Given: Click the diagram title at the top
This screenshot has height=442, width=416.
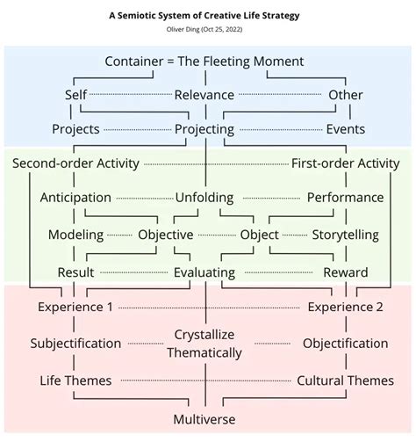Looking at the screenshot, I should tap(204, 15).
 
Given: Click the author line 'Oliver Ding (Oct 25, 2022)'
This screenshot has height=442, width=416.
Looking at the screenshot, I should tap(204, 31).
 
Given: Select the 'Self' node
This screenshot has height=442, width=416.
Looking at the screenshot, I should tap(75, 95).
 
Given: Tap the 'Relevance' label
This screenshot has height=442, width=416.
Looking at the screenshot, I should tap(204, 95).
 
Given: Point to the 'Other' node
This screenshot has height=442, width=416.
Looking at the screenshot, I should tap(345, 95).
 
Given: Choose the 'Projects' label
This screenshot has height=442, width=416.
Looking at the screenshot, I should tap(75, 129).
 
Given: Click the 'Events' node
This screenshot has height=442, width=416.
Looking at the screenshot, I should tap(345, 129).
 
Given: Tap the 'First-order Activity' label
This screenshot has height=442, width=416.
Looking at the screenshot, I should tap(345, 163).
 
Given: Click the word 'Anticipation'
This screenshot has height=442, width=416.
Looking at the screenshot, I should tap(75, 198).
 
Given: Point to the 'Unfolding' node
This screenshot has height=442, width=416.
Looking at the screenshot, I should tap(204, 198).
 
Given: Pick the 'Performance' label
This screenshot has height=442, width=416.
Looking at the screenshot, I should tap(345, 198).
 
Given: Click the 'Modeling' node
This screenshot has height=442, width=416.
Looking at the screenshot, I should tap(75, 235).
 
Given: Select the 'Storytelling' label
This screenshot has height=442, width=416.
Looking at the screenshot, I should tap(345, 235).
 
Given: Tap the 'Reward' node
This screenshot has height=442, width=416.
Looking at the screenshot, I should tap(345, 272).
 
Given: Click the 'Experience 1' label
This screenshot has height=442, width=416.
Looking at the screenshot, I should tap(75, 308).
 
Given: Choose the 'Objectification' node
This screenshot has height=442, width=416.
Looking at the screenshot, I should tap(345, 344).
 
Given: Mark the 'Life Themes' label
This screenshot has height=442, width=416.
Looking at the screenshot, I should tap(75, 380).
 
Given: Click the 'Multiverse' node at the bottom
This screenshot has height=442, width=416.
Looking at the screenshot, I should tap(204, 419).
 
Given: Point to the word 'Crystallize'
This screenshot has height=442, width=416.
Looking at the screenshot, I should tap(204, 336).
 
